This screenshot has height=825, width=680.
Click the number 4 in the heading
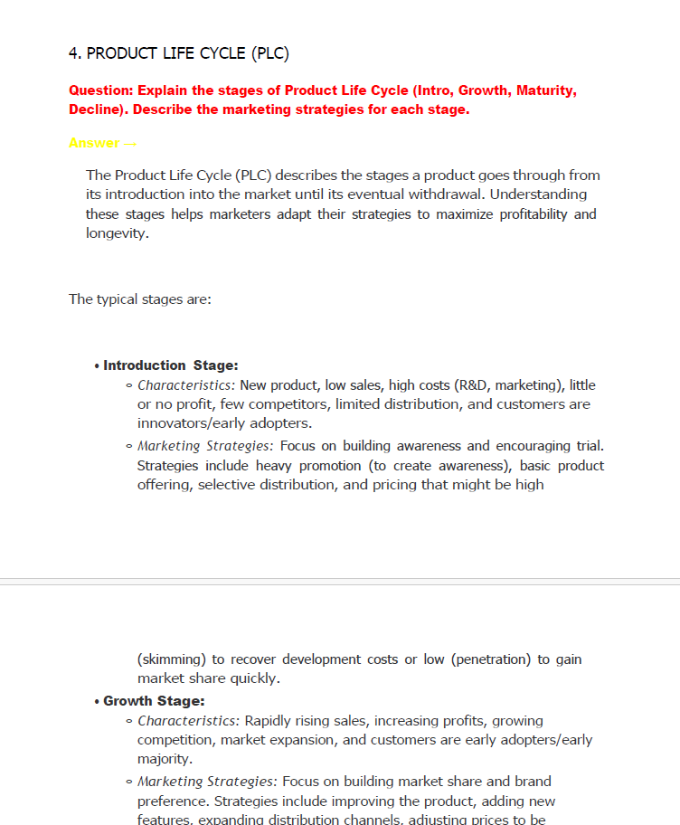click(73, 53)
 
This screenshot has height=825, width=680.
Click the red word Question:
click(101, 90)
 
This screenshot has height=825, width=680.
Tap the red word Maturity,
click(545, 90)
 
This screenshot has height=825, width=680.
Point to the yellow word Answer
click(93, 143)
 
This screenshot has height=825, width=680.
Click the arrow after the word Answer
click(131, 143)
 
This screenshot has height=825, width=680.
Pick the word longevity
click(117, 233)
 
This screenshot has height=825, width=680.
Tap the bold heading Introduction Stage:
click(170, 365)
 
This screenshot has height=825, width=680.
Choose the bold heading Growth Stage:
click(154, 701)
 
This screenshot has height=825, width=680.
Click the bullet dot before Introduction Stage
click(96, 366)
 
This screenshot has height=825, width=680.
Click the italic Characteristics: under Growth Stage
click(188, 721)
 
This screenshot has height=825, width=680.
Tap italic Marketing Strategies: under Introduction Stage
click(206, 446)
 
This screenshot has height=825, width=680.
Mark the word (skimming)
click(172, 659)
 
